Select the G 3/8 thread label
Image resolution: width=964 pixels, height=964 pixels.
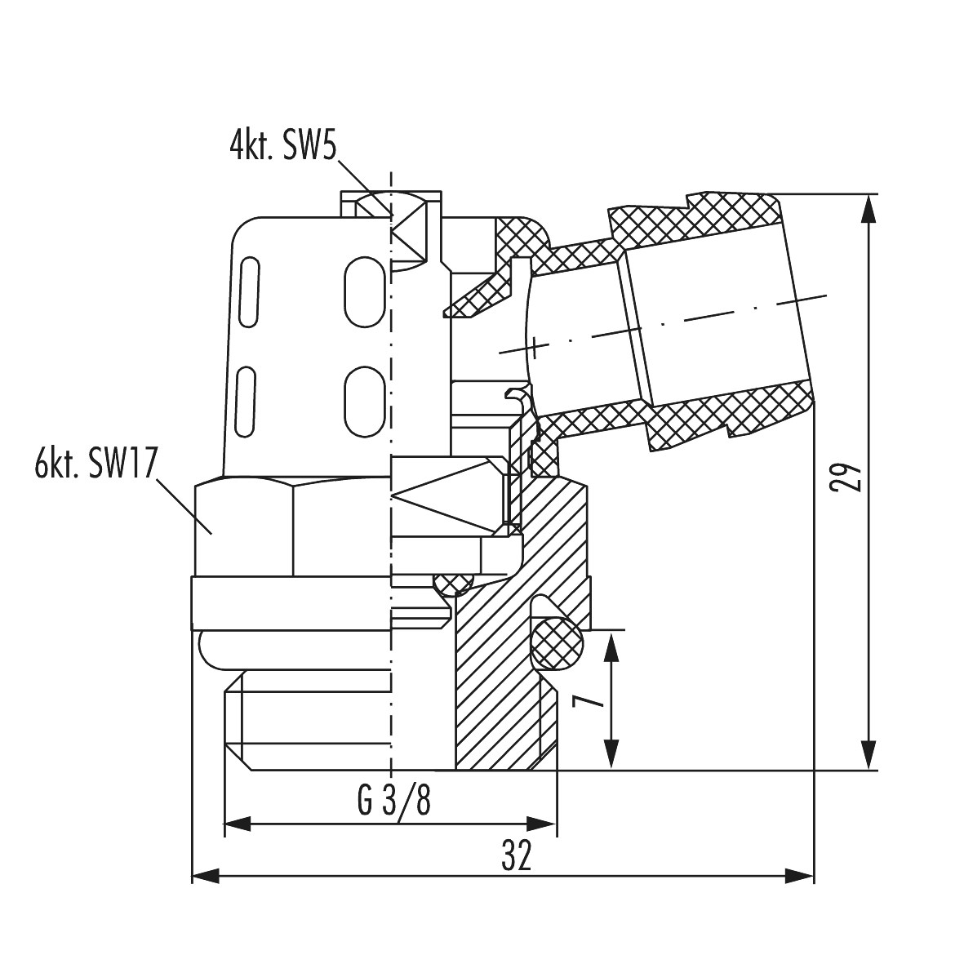pos(394,799)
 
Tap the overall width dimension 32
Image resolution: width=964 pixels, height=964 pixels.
pos(517,855)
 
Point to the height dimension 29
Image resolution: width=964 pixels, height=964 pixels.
pos(846,477)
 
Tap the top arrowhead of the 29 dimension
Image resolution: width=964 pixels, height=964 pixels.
pos(868,208)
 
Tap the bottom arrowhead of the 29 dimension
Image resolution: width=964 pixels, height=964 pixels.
pos(868,755)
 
